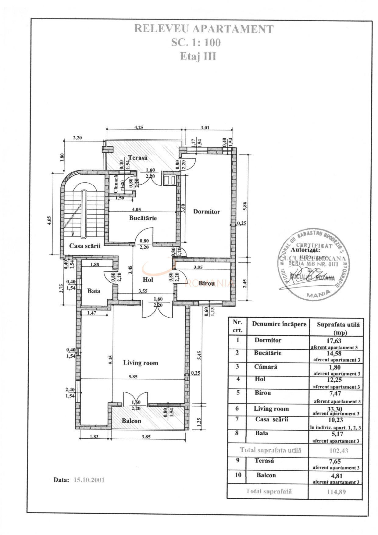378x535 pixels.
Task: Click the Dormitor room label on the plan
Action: click(x=206, y=212)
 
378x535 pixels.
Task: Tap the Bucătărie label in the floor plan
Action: click(x=143, y=218)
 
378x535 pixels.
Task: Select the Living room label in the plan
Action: click(x=141, y=363)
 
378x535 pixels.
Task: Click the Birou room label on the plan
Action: click(x=206, y=283)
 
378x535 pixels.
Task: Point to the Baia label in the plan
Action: click(x=94, y=291)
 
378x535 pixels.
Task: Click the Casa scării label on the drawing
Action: click(x=85, y=246)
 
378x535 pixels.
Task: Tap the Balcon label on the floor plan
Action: click(x=131, y=421)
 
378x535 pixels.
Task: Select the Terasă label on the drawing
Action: click(x=137, y=158)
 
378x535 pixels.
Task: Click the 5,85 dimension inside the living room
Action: click(x=133, y=376)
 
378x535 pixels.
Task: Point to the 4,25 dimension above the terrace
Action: click(x=139, y=127)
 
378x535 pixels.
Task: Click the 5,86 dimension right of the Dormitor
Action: click(x=244, y=206)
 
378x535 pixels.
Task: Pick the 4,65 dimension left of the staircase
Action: click(x=49, y=220)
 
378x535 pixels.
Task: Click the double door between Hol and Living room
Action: click(x=157, y=311)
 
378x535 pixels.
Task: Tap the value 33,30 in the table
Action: click(x=334, y=409)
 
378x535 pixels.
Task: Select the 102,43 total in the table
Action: click(x=338, y=451)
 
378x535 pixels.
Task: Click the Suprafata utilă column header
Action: click(x=338, y=328)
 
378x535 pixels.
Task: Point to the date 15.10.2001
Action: click(x=89, y=480)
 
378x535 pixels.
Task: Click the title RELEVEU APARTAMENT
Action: click(x=204, y=29)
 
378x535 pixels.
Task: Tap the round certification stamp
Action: click(x=314, y=264)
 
